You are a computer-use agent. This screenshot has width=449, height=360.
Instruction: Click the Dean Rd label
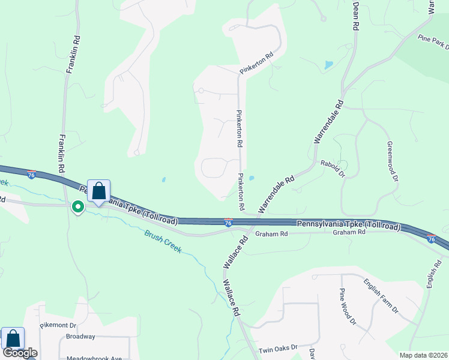point(355,16)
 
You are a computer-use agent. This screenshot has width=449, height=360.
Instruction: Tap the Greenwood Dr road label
point(392,161)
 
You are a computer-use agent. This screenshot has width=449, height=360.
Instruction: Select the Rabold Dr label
point(333,168)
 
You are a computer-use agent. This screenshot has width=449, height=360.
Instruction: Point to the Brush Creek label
point(162,241)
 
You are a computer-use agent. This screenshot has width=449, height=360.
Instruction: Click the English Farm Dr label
point(381,296)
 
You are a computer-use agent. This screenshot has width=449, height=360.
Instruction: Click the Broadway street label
point(80,337)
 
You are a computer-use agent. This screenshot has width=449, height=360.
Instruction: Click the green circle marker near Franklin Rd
point(77,207)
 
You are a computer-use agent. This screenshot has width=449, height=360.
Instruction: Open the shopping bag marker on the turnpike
point(99,191)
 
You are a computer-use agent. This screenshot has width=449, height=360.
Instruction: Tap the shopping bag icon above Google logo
point(13,338)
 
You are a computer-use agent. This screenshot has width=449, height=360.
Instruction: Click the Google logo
point(20,353)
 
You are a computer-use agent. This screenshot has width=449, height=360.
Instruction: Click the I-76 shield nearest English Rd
point(431,238)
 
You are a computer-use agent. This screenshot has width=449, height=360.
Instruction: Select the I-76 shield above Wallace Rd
point(228,223)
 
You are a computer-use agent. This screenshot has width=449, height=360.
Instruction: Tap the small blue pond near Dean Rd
point(328,64)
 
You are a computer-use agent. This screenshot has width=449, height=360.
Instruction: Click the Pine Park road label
point(433,42)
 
